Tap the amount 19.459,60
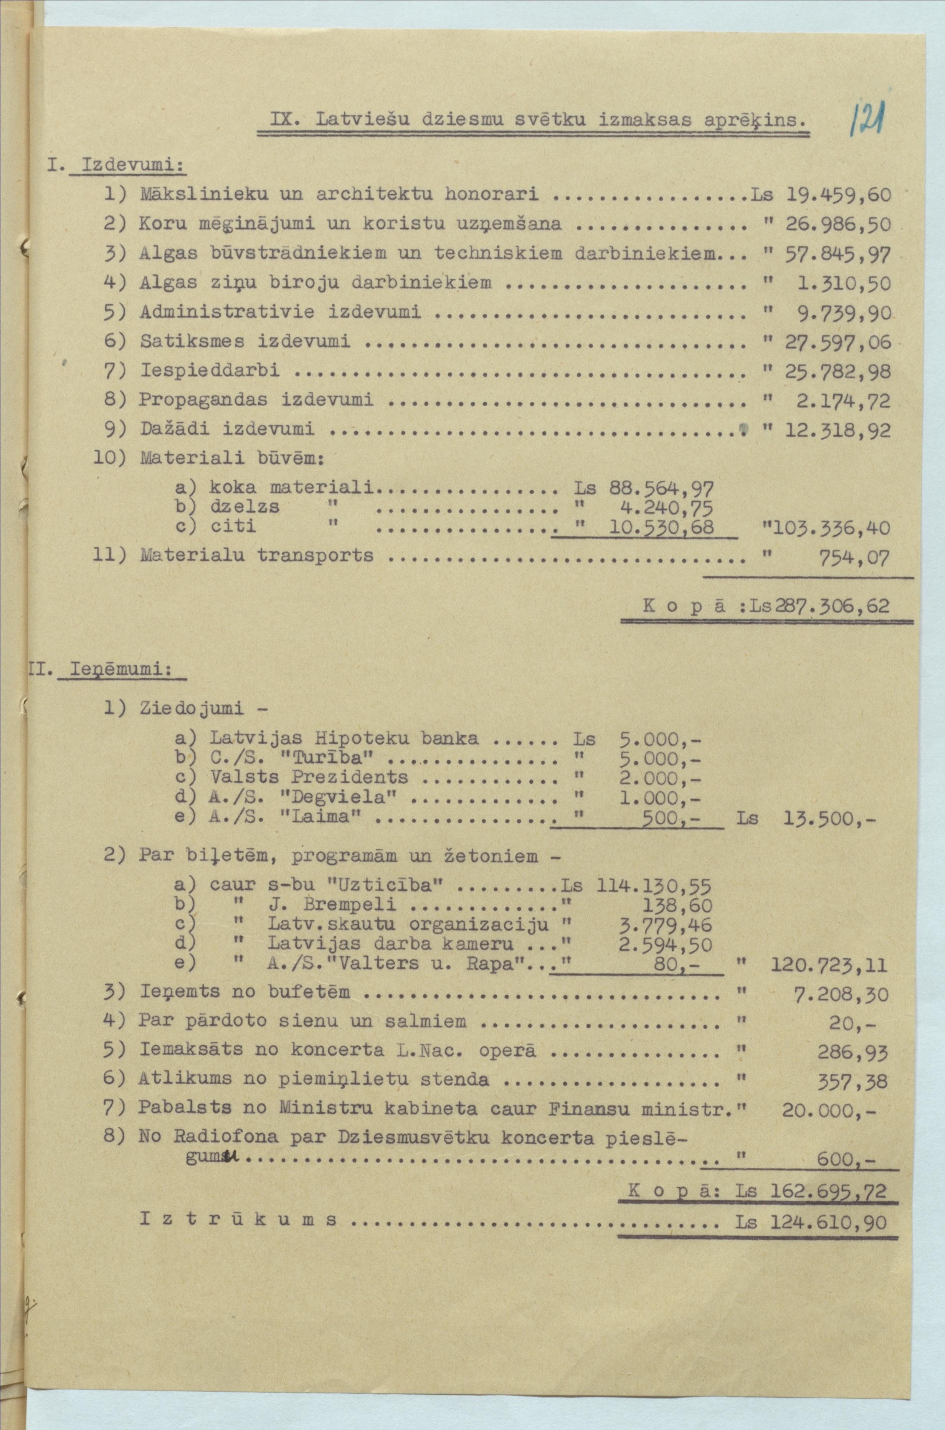click(838, 194)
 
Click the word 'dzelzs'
click(244, 506)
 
